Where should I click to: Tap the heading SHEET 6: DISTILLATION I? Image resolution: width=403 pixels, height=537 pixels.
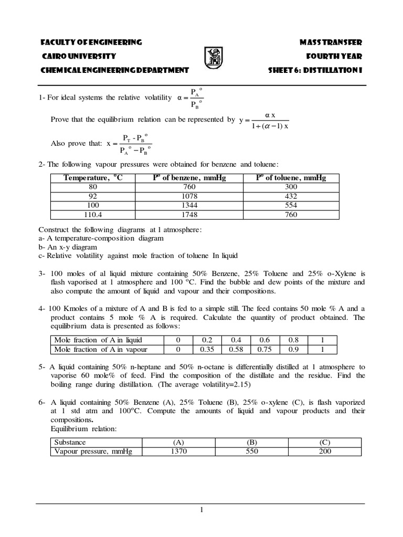[315, 70]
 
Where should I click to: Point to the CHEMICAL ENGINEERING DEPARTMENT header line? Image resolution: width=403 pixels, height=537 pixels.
[114, 70]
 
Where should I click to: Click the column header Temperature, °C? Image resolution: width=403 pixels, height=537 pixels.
[93, 178]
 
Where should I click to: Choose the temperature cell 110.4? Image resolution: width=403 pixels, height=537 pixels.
[93, 214]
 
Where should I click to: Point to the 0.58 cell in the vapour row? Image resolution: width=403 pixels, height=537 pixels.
[236, 349]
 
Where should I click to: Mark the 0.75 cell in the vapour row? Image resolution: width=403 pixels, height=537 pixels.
[265, 349]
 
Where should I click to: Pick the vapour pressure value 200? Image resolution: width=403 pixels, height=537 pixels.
[324, 452]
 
